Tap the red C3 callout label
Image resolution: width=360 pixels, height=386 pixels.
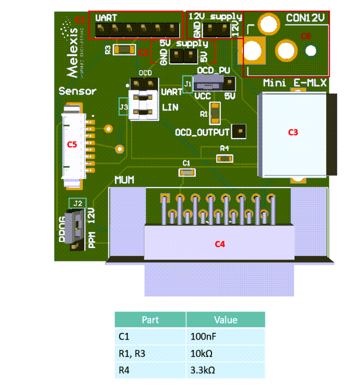pyautogui.click(x=293, y=132)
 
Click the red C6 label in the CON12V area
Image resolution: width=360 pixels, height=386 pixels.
pyautogui.click(x=306, y=36)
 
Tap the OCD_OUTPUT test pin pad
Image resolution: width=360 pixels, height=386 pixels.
pyautogui.click(x=239, y=131)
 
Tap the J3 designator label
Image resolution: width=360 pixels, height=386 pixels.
pyautogui.click(x=123, y=107)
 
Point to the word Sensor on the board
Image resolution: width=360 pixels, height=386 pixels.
pyautogui.click(x=78, y=91)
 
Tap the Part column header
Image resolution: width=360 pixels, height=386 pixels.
pyautogui.click(x=150, y=320)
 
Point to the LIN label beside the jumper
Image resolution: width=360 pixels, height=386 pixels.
pyautogui.click(x=170, y=108)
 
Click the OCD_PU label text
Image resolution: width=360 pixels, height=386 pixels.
pyautogui.click(x=214, y=70)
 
